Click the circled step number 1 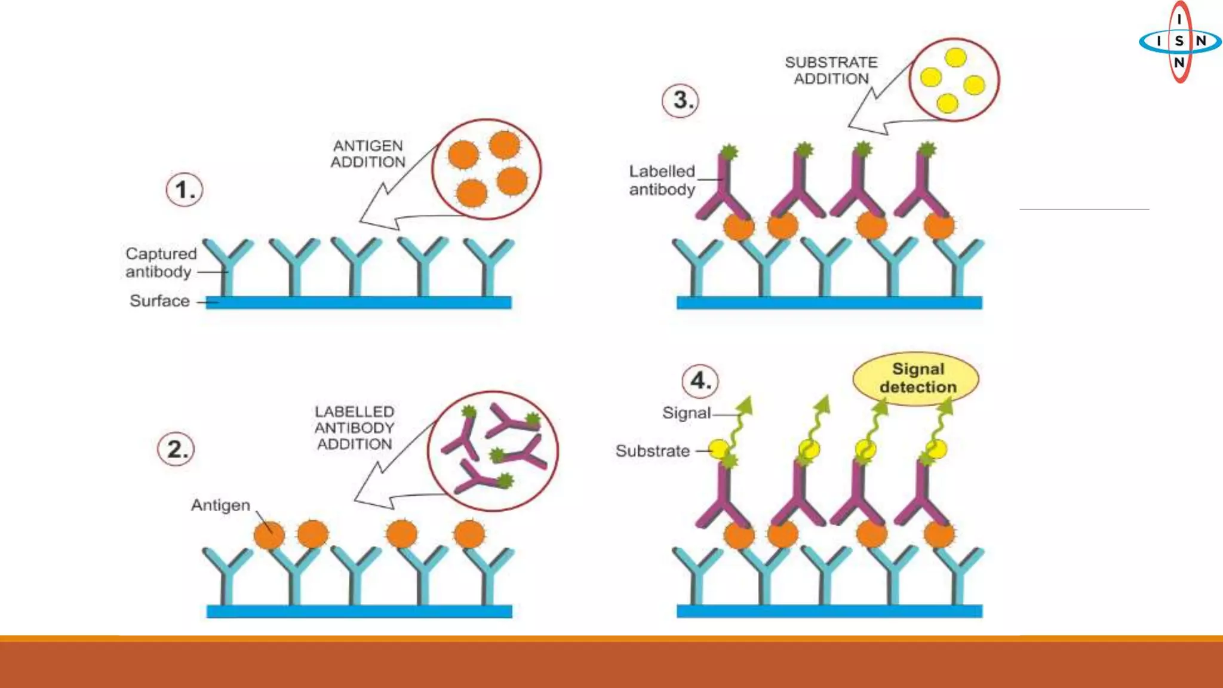click(x=185, y=190)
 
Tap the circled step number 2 click(x=176, y=449)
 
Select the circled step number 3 click(x=680, y=100)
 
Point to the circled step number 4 click(x=700, y=380)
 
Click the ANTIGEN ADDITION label click(x=368, y=153)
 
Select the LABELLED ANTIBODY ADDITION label click(x=355, y=428)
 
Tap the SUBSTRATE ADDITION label click(x=831, y=70)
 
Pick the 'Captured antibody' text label click(x=161, y=262)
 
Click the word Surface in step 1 click(x=159, y=300)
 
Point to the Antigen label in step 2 click(x=220, y=505)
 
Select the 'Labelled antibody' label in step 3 click(x=662, y=180)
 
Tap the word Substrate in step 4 click(x=653, y=451)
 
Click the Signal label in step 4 click(x=686, y=413)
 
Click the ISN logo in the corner click(x=1179, y=41)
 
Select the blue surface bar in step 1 click(x=358, y=302)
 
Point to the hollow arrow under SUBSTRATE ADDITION click(x=872, y=116)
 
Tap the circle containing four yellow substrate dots click(x=954, y=79)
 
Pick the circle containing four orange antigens click(x=486, y=169)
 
